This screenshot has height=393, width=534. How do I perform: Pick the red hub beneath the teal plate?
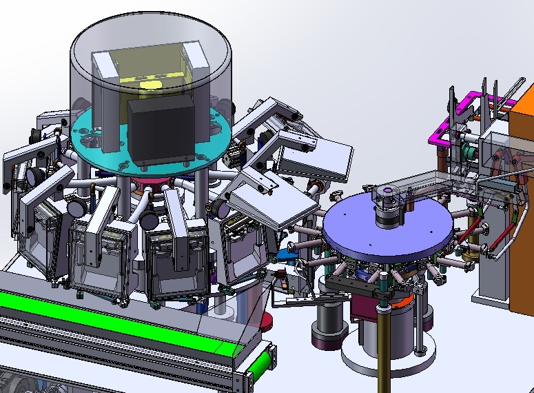[152, 185]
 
